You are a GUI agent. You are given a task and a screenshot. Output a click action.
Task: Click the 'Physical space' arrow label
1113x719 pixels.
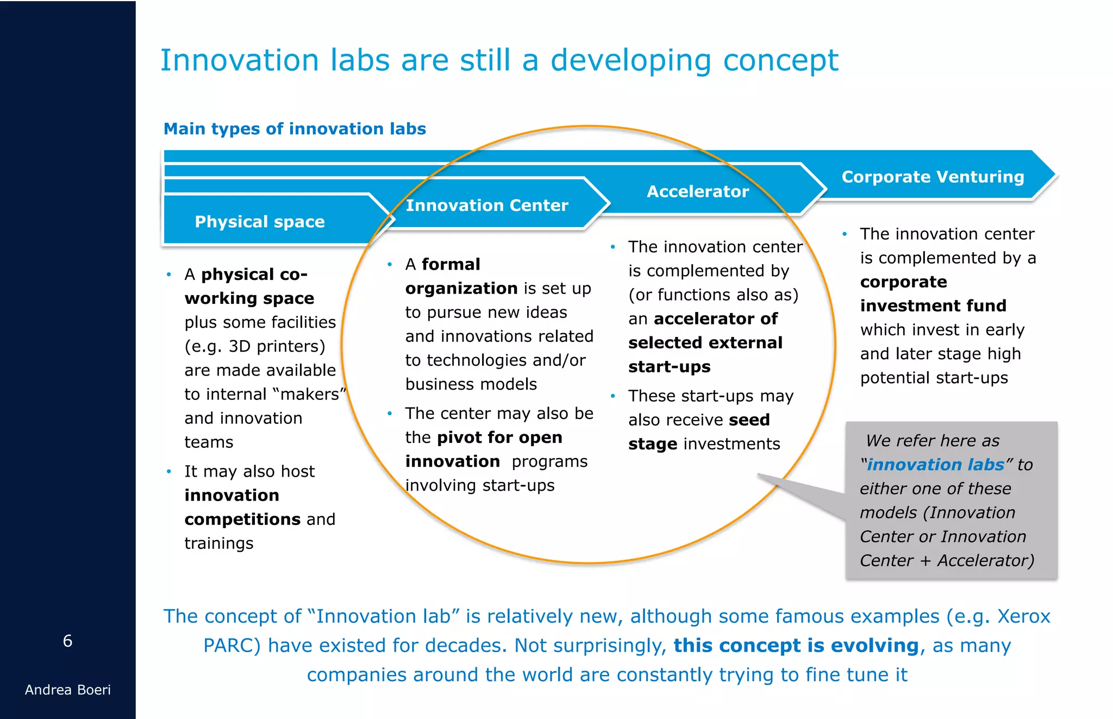pos(260,222)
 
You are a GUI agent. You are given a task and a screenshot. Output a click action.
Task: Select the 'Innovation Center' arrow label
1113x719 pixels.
pos(487,205)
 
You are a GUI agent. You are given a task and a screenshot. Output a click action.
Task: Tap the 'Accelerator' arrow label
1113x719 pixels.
pos(698,191)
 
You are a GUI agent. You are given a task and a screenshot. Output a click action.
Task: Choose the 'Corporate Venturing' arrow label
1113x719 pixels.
pos(933,177)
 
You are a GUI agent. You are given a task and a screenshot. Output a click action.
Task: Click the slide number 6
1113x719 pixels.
pos(67,641)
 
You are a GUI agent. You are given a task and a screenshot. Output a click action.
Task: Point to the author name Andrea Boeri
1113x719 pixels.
pos(67,690)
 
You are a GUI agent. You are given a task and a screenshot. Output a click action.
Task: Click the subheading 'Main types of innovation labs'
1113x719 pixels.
pos(295,129)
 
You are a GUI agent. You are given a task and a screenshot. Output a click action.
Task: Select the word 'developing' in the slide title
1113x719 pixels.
pos(630,60)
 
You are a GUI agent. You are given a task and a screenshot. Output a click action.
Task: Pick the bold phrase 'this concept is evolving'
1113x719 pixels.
pos(796,645)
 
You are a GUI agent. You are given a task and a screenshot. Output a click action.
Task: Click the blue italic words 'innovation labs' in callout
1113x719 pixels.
pos(935,465)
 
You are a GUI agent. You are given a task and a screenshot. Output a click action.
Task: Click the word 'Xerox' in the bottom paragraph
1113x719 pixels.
pos(1023,616)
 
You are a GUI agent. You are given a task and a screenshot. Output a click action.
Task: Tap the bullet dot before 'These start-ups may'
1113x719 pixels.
pos(612,396)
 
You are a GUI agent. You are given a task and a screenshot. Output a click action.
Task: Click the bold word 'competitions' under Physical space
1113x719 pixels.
pos(242,519)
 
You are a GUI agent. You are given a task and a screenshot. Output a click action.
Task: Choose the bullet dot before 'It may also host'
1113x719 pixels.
pos(169,471)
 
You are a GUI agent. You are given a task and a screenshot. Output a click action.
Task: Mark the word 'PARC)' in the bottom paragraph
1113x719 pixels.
pos(232,645)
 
